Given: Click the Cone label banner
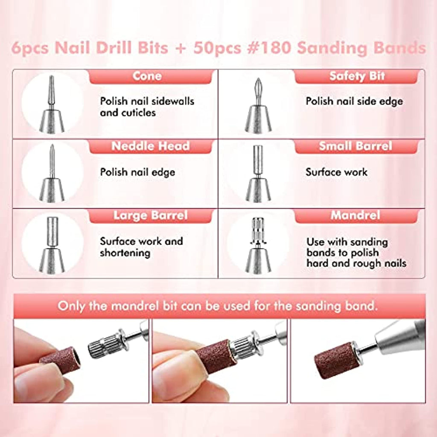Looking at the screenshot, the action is (151, 76).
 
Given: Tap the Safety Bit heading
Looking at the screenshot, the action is (357, 76).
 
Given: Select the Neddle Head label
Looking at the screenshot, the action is (151, 146).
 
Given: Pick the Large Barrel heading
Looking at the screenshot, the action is (151, 216).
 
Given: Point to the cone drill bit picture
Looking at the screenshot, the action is (52, 104).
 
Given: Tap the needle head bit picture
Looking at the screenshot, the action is (52, 173).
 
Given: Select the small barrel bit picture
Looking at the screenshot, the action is (258, 173).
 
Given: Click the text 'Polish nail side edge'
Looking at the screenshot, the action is (354, 102).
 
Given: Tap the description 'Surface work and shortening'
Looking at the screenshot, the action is (141, 247).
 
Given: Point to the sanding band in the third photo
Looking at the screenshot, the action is (337, 360).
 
